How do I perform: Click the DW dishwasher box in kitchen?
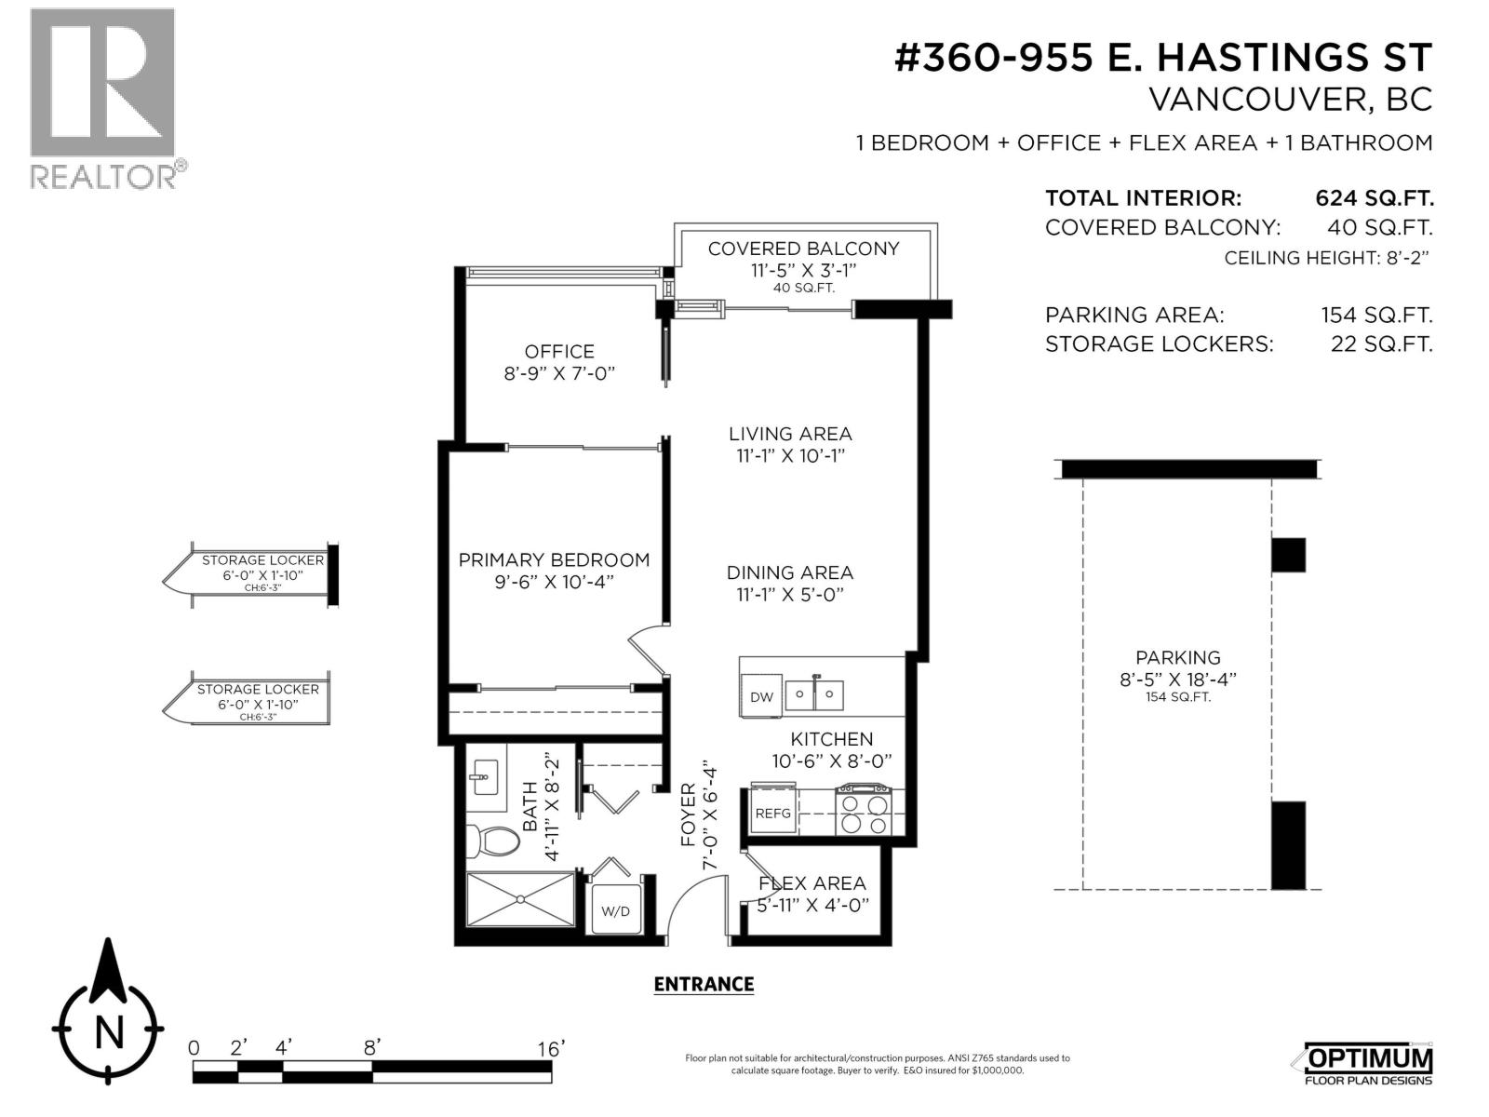761,697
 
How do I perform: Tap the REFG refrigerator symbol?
772,813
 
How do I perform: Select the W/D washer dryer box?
615,910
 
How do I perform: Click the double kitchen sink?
814,694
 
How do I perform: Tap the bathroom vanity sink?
483,774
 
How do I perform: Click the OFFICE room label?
559,352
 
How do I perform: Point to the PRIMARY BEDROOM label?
554,559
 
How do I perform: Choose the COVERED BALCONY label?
803,249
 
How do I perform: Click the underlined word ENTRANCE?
704,984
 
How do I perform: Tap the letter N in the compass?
110,1032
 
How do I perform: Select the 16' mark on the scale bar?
551,1049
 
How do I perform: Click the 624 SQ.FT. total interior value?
1374,198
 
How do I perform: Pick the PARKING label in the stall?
1177,657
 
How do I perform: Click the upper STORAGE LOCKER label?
262,560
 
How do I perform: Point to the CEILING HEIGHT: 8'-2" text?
1325,258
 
